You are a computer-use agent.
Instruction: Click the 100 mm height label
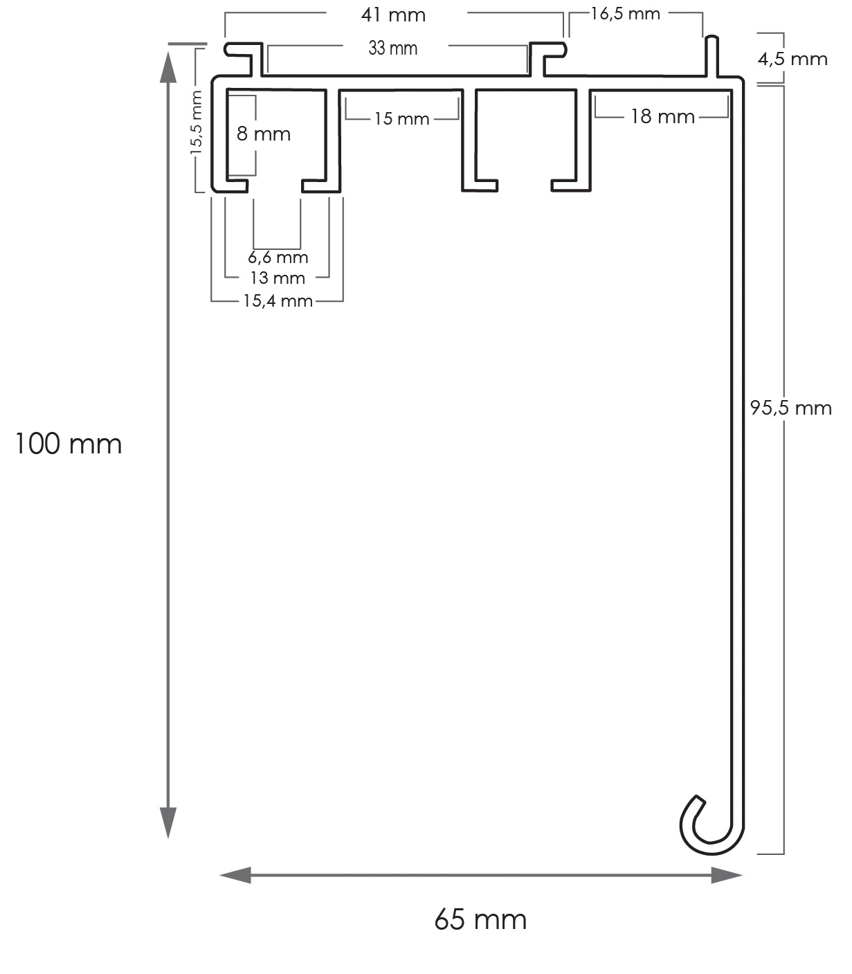[68, 444]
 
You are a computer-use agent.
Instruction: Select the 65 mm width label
[480, 919]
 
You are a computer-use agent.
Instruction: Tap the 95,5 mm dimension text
[791, 408]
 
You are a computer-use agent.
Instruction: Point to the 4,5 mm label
[792, 58]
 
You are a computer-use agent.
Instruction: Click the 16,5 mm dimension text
[625, 14]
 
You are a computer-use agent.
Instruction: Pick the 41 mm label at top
[393, 15]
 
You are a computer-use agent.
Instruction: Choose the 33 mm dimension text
[393, 48]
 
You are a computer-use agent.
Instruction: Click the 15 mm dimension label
[401, 119]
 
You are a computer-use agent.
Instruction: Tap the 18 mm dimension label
[662, 116]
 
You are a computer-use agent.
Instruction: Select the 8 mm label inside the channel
[263, 134]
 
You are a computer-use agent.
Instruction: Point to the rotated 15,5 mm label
[197, 122]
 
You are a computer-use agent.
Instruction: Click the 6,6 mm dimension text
[278, 258]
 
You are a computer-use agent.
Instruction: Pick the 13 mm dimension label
[278, 278]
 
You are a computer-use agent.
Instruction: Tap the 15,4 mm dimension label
[278, 301]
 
